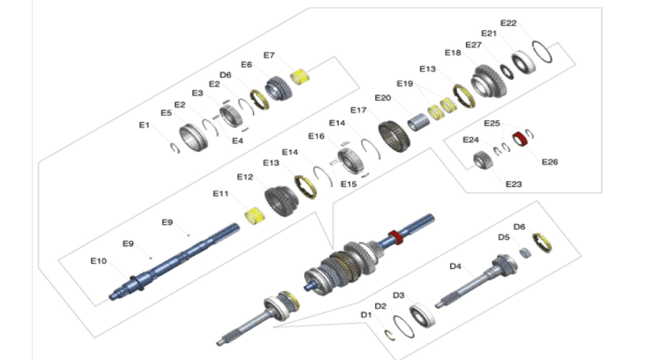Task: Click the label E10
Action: point(99,260)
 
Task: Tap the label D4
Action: point(457,266)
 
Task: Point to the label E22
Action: point(508,23)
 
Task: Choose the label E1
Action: point(144,125)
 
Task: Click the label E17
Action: point(358,110)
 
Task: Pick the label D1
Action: point(366,315)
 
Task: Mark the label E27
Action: point(473,45)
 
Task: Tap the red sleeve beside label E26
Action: point(520,138)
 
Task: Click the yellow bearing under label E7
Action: point(299,76)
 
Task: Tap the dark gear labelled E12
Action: point(278,200)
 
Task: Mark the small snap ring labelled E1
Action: point(174,147)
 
